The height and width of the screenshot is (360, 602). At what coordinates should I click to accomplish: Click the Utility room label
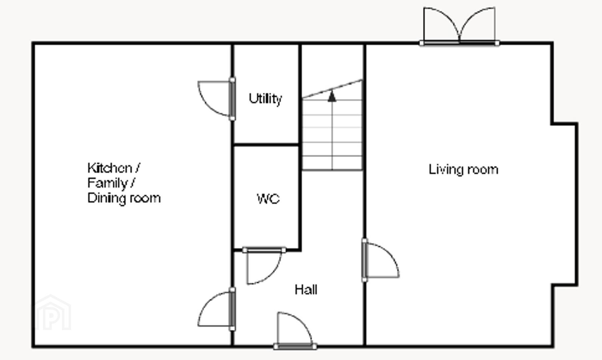[265, 99]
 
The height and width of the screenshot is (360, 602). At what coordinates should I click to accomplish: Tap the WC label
[268, 199]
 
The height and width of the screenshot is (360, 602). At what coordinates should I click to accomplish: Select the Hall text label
[306, 290]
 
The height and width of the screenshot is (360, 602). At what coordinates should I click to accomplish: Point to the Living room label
[463, 170]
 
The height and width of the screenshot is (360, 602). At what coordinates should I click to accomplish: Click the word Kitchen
[110, 168]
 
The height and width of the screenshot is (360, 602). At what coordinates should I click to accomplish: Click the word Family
[107, 183]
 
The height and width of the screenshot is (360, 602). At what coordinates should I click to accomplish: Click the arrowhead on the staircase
[332, 96]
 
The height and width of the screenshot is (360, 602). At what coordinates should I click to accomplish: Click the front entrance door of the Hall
[295, 330]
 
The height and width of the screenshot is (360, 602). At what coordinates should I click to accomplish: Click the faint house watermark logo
[53, 313]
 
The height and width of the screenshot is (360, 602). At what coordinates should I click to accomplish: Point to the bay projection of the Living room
[565, 204]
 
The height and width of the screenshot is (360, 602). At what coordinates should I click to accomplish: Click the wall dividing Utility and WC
[266, 145]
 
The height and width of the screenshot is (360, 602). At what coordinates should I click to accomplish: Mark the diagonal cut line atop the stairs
[332, 89]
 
